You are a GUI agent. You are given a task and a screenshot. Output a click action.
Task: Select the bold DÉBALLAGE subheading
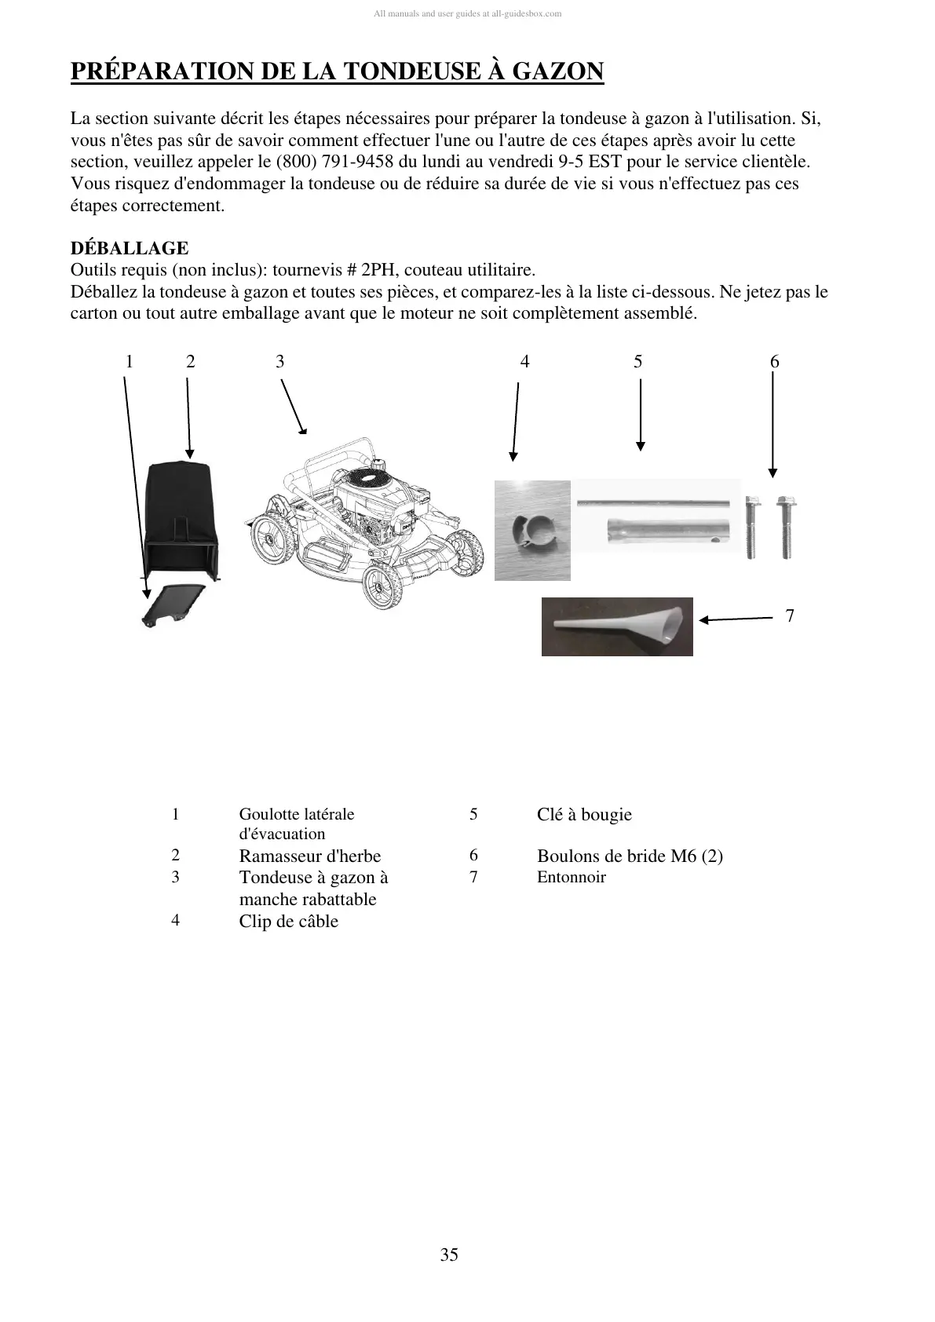tap(130, 249)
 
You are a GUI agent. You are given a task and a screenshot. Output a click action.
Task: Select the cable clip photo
tap(532, 530)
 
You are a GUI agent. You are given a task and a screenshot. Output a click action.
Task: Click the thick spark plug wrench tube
tap(667, 531)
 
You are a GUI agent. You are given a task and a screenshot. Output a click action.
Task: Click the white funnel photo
tap(617, 626)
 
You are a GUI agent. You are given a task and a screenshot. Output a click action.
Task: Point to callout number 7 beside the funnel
tap(790, 616)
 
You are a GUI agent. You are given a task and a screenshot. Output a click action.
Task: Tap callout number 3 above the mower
tap(280, 362)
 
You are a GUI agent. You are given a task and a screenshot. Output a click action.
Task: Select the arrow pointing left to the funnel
tap(736, 619)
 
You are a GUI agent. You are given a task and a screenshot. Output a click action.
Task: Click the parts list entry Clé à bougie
tap(584, 815)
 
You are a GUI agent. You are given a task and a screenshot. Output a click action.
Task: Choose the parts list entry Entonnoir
tap(572, 878)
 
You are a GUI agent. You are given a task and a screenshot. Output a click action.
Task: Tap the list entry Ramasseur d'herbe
tap(309, 856)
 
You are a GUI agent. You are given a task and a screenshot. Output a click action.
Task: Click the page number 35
tap(449, 1254)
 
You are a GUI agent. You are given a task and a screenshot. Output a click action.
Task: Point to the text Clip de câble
tap(288, 922)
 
